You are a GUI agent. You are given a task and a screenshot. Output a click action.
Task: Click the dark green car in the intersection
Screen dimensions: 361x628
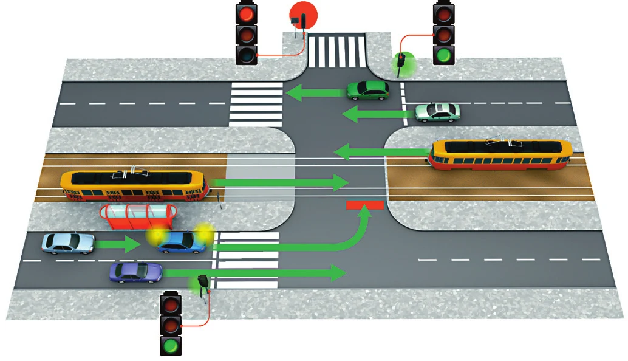[x=367, y=91]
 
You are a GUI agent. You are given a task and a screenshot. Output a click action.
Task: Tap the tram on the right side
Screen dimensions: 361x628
[x=500, y=154]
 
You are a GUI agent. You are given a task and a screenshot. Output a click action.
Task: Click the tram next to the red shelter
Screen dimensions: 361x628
[x=135, y=185]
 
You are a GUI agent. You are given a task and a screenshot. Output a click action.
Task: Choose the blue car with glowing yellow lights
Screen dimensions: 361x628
[x=180, y=242]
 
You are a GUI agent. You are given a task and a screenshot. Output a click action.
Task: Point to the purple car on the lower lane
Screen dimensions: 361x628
[x=135, y=272]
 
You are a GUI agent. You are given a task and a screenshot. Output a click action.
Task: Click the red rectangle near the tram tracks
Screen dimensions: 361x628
[x=365, y=205]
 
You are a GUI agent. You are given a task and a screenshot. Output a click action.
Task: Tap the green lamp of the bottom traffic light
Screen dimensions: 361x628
[x=171, y=347]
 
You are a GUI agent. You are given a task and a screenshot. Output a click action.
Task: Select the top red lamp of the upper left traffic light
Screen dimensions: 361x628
[x=247, y=14]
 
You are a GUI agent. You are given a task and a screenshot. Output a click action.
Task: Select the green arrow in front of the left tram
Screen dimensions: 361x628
[x=279, y=180]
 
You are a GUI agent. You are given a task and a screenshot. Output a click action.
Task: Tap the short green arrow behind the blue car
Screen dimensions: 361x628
[x=118, y=245]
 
